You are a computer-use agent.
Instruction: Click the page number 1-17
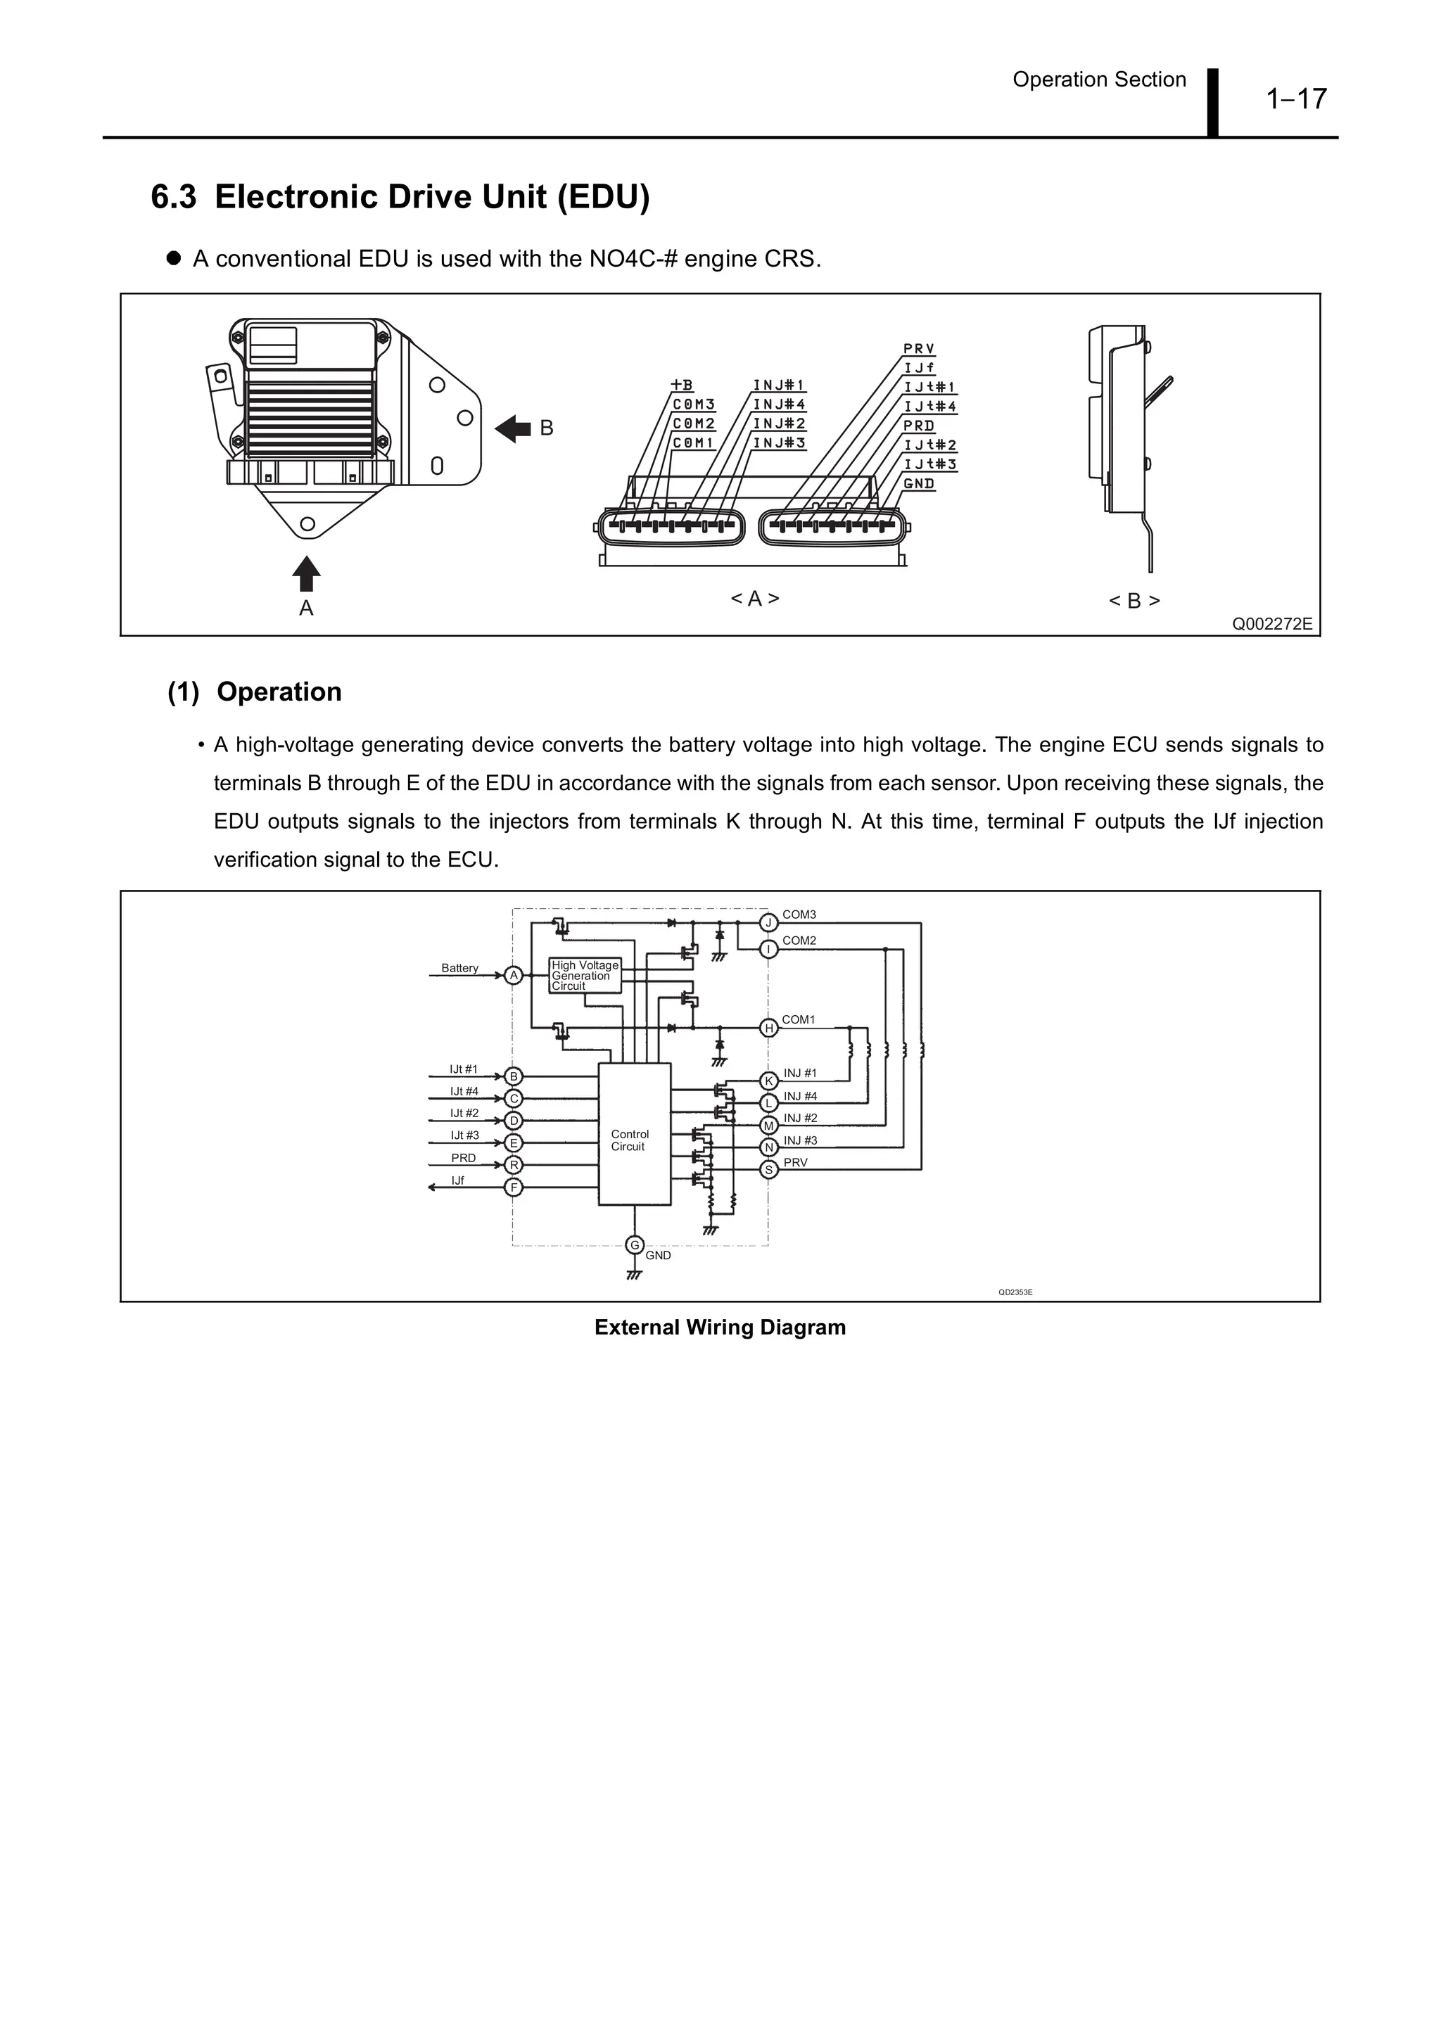click(x=1296, y=98)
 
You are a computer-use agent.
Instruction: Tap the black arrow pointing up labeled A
click(x=305, y=573)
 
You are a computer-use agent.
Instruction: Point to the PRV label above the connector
click(x=919, y=349)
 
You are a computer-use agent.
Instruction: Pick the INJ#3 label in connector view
click(x=779, y=442)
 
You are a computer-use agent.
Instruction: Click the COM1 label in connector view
click(x=694, y=442)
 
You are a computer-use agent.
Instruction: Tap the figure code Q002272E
click(x=1271, y=624)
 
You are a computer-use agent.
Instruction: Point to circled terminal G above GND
click(x=634, y=1245)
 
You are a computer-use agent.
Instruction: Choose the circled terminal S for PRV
click(x=770, y=1170)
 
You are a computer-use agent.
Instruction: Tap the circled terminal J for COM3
click(x=769, y=923)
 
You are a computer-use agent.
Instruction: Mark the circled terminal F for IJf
click(x=513, y=1187)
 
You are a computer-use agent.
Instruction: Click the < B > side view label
click(x=1134, y=601)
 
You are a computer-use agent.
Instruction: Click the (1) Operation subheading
click(x=255, y=692)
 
